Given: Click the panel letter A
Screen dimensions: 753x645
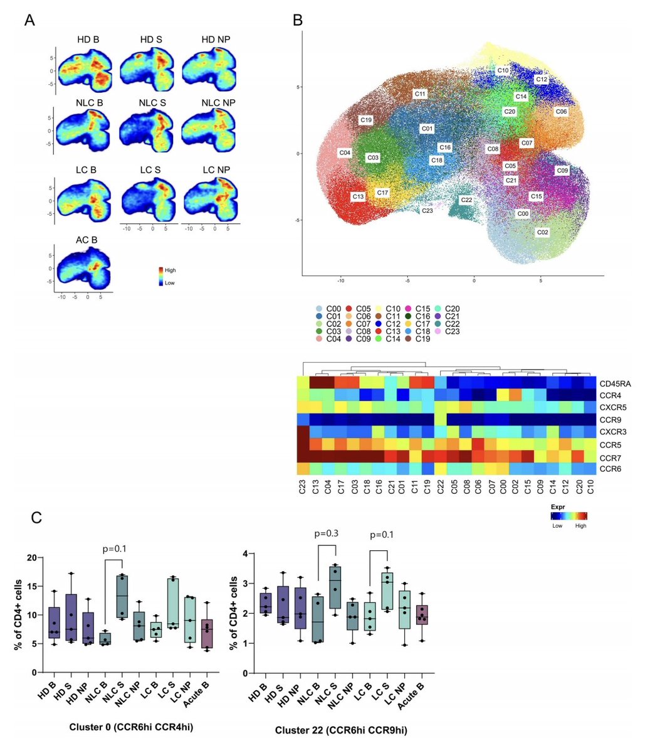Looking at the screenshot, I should pyautogui.click(x=29, y=19).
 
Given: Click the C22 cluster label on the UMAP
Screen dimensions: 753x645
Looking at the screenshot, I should pyautogui.click(x=466, y=200).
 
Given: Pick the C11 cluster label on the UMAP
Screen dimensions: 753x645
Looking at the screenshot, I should pyautogui.click(x=420, y=93).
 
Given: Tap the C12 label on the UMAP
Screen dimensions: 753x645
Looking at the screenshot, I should pyautogui.click(x=542, y=80).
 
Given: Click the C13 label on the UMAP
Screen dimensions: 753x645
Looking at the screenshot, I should pyautogui.click(x=358, y=196).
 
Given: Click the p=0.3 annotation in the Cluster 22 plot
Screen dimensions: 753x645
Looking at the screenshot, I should pyautogui.click(x=326, y=535).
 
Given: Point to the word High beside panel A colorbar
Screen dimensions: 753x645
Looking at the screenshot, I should pyautogui.click(x=170, y=270).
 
